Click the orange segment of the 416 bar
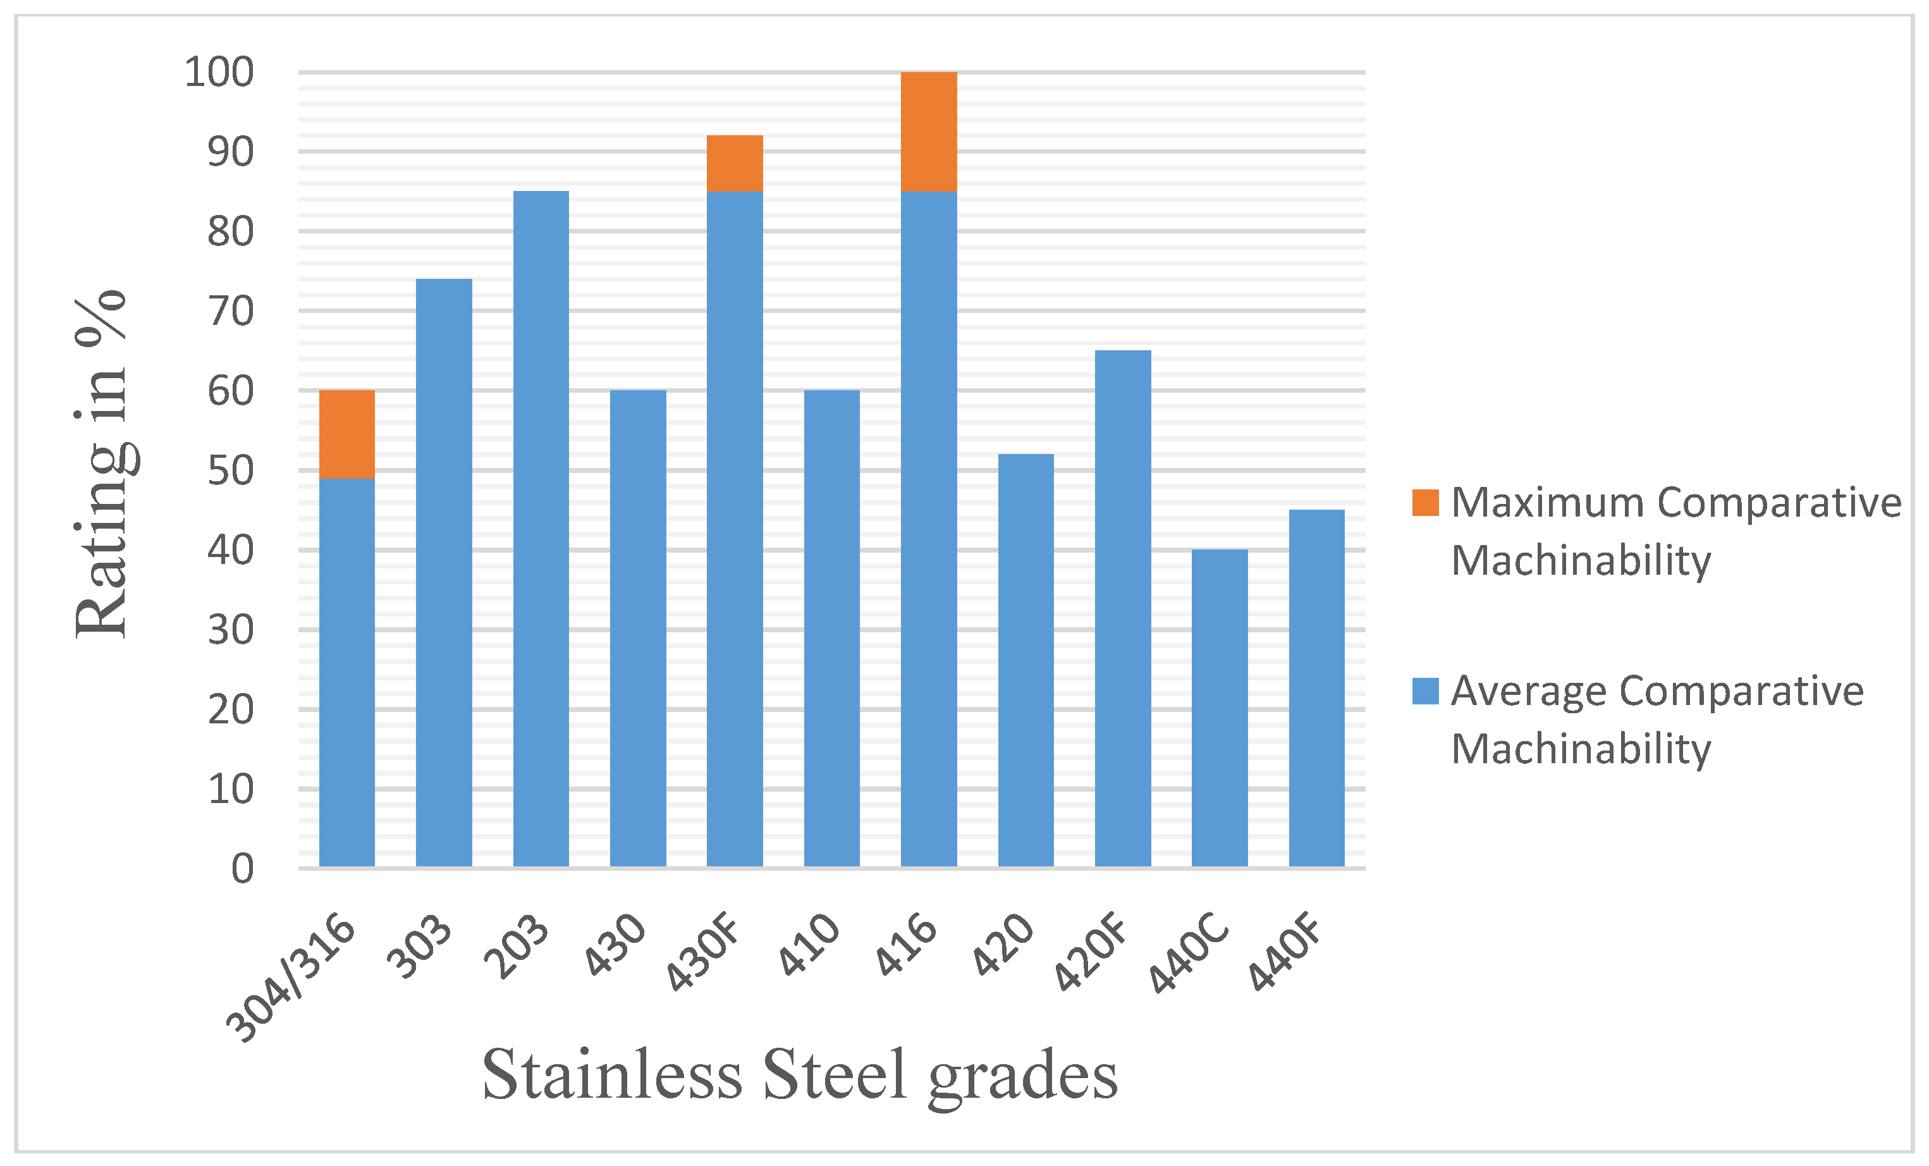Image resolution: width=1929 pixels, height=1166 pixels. (x=929, y=132)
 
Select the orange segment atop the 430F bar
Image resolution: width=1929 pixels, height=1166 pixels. (x=734, y=163)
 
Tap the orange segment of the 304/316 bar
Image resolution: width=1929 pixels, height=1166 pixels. (x=347, y=434)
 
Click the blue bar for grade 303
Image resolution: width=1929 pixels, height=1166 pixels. (x=444, y=572)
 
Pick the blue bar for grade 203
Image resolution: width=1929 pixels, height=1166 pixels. (x=541, y=529)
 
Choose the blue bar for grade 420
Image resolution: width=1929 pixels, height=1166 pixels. (x=1026, y=660)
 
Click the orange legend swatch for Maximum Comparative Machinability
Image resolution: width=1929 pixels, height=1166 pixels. (x=1425, y=502)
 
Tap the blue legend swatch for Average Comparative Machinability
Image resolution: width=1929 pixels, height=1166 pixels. (x=1425, y=690)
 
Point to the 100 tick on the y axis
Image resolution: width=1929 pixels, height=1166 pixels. (x=219, y=72)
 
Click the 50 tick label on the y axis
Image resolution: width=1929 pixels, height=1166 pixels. (x=230, y=470)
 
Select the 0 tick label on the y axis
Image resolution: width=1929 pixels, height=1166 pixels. (x=242, y=868)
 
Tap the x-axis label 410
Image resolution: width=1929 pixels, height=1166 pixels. (x=809, y=945)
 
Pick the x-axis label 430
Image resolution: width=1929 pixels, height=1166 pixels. (x=615, y=945)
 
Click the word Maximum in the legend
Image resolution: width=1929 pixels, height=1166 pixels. (x=1547, y=502)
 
